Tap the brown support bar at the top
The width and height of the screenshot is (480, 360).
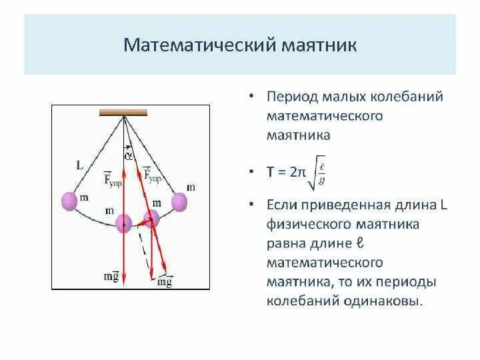123,113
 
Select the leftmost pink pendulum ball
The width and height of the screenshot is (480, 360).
70,201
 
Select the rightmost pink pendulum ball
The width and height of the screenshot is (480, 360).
179,201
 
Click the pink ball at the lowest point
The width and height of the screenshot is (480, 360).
124,224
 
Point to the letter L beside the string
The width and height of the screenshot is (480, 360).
79,165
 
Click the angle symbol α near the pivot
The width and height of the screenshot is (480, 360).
129,156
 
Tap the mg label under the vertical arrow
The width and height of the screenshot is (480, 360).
112,277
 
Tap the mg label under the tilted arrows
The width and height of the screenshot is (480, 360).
164,281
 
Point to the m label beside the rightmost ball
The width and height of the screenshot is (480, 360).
191,187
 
